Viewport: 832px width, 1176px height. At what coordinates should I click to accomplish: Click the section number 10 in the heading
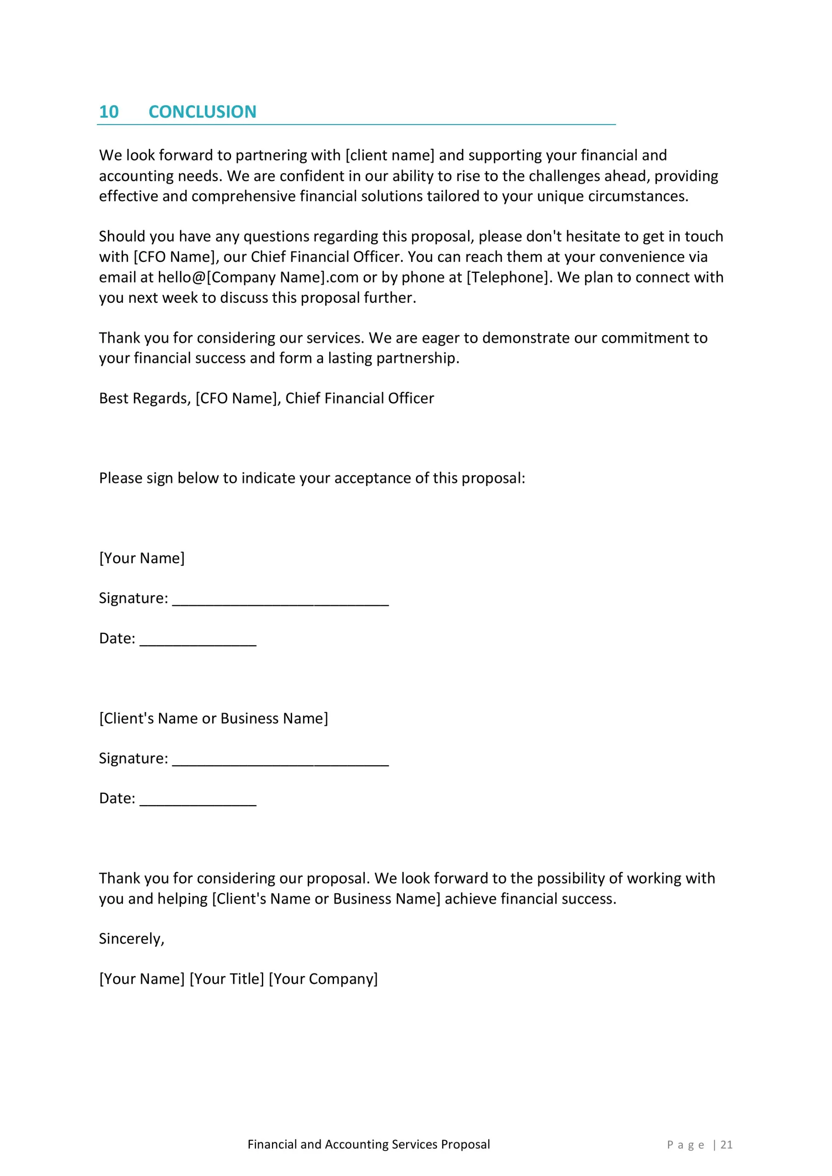108,112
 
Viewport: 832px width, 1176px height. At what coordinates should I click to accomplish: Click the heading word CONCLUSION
202,112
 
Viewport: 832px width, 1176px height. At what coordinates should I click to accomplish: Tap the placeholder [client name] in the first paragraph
390,155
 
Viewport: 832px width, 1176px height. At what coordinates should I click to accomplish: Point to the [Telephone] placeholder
507,277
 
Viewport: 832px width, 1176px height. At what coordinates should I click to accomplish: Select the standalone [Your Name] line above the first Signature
142,558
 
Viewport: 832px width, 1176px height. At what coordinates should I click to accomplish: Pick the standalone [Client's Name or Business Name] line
214,718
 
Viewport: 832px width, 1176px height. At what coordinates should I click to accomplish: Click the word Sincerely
131,939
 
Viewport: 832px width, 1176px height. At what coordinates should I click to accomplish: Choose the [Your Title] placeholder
227,978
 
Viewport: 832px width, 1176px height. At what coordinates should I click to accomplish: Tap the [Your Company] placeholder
323,978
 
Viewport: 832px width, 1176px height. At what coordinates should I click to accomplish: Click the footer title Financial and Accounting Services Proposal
368,1144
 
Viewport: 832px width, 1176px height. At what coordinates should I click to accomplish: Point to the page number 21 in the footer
726,1145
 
